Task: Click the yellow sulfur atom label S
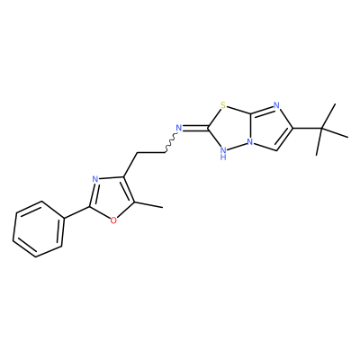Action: click(222, 105)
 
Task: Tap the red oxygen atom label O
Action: click(113, 220)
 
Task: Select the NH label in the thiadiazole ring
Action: click(223, 152)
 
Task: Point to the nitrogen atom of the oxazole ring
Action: click(95, 179)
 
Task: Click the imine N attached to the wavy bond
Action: click(179, 128)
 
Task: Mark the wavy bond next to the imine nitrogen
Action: click(170, 142)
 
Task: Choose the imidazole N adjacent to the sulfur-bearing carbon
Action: click(276, 105)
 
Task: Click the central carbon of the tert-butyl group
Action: click(321, 129)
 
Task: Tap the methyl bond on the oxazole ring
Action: click(148, 205)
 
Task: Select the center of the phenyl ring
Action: click(39, 229)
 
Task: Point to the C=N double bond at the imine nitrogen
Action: click(195, 129)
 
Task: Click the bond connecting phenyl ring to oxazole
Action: click(76, 212)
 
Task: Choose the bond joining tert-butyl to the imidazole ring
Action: click(308, 129)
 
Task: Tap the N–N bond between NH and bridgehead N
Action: click(237, 145)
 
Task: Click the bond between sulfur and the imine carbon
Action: click(214, 118)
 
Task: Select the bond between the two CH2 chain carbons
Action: click(151, 153)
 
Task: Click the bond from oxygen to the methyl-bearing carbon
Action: click(125, 211)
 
